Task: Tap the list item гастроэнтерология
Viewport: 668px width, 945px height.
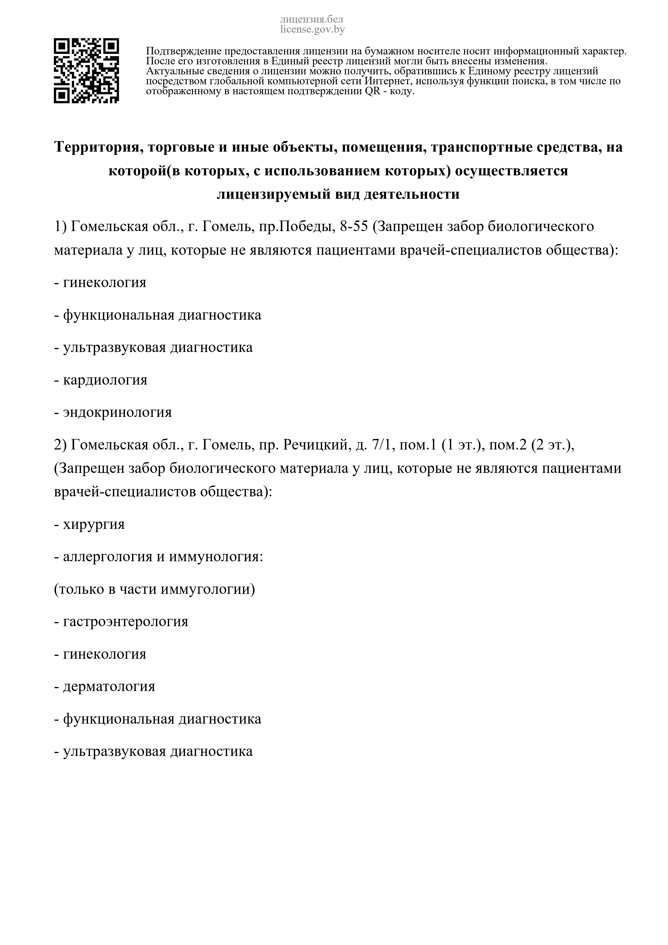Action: [126, 621]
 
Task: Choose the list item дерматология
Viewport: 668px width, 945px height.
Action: [109, 686]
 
